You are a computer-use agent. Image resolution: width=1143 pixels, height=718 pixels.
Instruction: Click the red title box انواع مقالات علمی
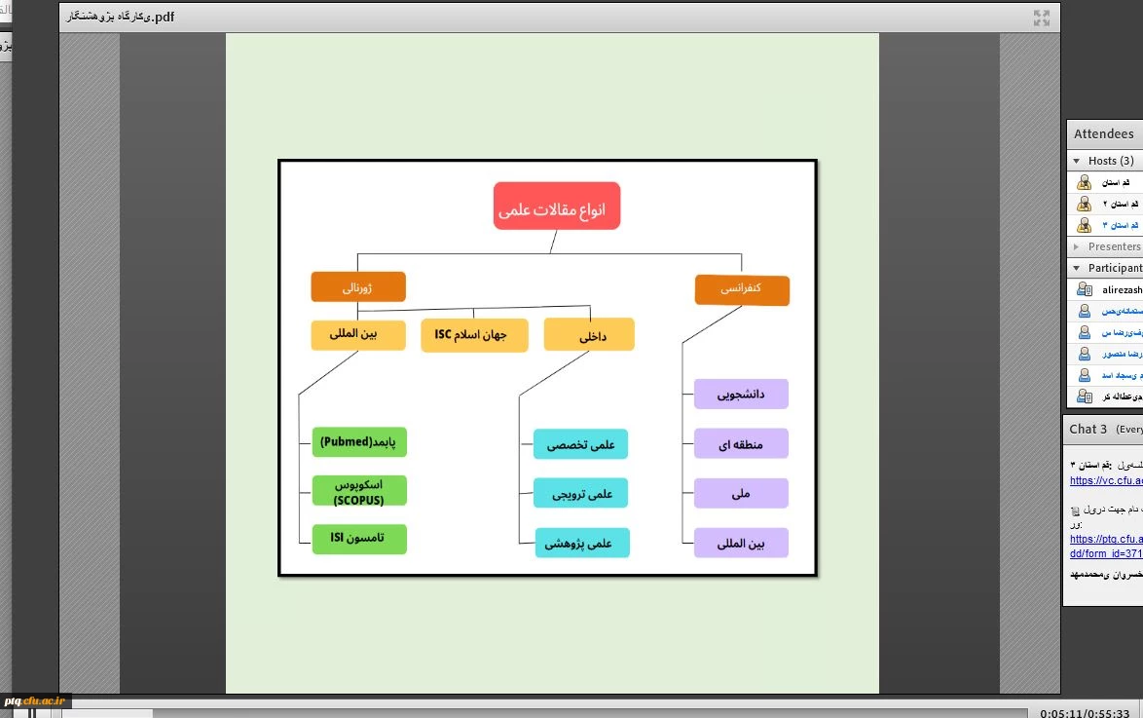point(556,207)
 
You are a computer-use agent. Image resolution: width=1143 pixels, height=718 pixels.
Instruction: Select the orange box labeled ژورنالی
point(357,287)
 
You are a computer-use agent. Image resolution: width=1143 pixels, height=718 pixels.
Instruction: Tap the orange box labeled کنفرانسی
point(742,290)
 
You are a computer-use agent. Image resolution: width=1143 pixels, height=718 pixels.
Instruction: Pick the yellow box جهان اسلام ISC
point(474,335)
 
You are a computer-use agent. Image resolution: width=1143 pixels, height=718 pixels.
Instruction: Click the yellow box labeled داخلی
point(589,334)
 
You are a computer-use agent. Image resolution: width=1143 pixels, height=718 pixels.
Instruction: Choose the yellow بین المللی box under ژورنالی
point(357,335)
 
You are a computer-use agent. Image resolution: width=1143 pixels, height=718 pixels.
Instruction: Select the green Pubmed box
point(359,442)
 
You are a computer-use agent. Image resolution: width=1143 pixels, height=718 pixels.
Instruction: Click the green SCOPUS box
point(359,491)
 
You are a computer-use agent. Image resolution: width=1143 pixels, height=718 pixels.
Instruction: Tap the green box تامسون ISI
point(359,539)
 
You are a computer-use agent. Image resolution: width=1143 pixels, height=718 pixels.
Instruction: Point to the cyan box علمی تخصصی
point(581,444)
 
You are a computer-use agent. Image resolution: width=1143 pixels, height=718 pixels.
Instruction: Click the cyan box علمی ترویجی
point(581,493)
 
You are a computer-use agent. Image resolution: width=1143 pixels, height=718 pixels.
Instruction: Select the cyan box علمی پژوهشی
point(581,543)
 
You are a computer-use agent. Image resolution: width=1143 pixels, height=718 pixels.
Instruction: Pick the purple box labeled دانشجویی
point(741,395)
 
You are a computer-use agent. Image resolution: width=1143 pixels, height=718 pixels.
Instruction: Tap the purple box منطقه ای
point(741,444)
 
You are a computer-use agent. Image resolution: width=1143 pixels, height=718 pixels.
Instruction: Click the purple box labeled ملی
point(741,493)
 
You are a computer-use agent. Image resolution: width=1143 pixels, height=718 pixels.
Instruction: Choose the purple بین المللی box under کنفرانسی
point(741,543)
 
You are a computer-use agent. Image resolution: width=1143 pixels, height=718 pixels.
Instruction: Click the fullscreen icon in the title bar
point(1041,18)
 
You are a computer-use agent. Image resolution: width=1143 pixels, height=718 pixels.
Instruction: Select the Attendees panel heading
point(1103,134)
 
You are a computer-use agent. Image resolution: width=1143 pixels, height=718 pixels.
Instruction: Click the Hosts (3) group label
point(1110,161)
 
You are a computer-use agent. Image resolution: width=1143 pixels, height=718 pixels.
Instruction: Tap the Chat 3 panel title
point(1088,429)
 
